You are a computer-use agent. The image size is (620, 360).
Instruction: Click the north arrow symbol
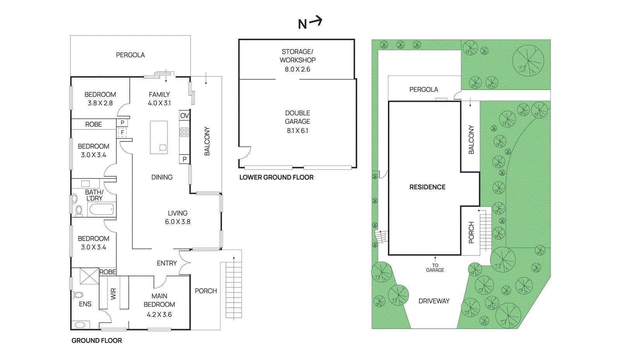click(310, 22)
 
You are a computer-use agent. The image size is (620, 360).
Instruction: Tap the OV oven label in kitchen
click(184, 115)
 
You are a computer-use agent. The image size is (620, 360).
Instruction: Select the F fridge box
click(122, 133)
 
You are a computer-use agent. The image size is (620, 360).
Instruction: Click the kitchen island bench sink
click(163, 148)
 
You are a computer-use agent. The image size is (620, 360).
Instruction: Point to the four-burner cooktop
click(184, 132)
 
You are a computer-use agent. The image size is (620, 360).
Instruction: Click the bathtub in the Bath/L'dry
click(102, 210)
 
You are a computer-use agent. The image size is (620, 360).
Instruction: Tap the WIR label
click(113, 294)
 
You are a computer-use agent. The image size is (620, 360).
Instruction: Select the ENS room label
click(85, 304)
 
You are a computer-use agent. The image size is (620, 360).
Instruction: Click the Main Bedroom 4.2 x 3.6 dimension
click(159, 315)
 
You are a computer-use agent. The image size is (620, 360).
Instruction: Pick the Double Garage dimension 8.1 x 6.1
click(298, 131)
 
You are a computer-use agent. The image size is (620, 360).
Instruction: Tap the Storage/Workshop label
click(298, 56)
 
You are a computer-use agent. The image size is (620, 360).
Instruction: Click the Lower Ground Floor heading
click(276, 177)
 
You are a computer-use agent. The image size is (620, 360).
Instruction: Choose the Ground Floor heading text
click(97, 341)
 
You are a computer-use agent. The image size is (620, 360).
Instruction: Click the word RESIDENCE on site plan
click(427, 187)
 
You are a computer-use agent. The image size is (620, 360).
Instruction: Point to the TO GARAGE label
click(435, 268)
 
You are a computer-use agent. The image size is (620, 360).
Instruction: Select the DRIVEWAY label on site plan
click(434, 301)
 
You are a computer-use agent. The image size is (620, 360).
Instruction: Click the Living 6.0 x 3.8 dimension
click(177, 222)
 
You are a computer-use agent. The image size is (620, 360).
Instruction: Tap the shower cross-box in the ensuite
click(89, 276)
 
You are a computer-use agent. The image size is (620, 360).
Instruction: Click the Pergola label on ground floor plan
click(130, 55)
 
